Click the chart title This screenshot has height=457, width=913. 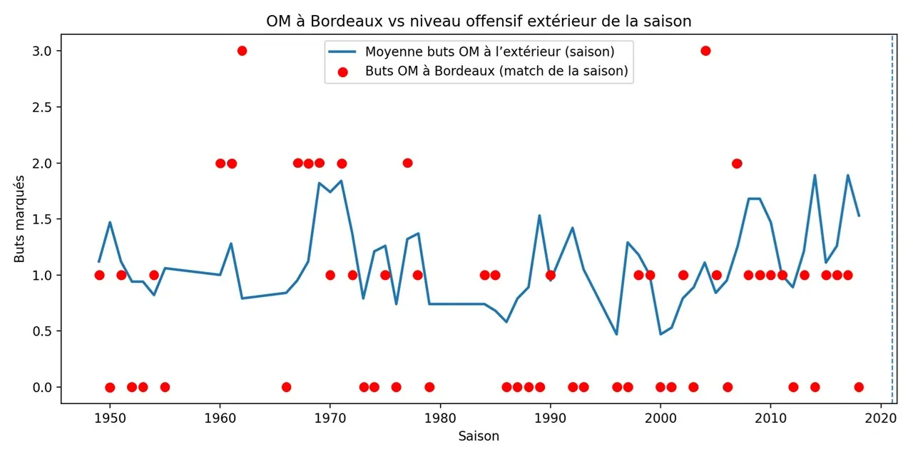tap(479, 21)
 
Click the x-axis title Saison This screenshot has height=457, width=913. tap(479, 436)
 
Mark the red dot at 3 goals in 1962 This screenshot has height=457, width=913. tap(242, 51)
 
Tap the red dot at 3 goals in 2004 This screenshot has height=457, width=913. tap(705, 51)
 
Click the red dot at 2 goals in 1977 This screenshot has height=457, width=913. tap(407, 163)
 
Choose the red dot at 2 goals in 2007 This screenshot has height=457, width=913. tap(737, 163)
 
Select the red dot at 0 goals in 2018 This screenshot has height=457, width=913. tap(859, 387)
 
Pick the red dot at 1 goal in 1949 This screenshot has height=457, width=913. tap(99, 275)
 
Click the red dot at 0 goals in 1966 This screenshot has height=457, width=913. tap(286, 387)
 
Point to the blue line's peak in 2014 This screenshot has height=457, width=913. tap(815, 175)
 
